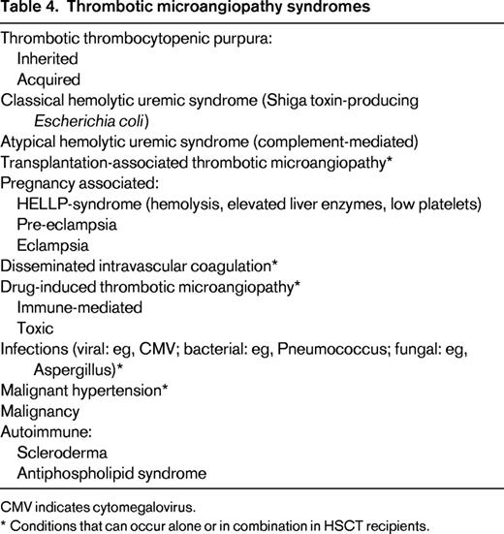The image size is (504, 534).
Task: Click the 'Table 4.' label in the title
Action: coord(31,11)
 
